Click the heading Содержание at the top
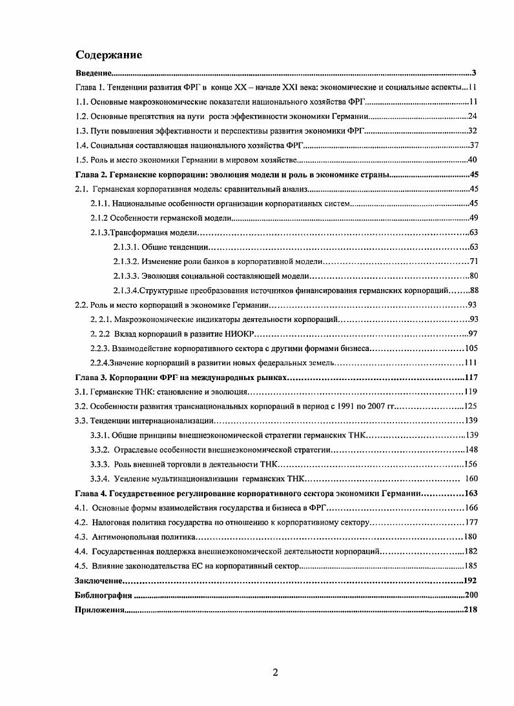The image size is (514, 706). [x=109, y=54]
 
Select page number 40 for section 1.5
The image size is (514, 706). [x=472, y=160]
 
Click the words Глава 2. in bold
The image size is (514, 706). [x=91, y=175]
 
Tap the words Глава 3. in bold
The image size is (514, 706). [x=91, y=378]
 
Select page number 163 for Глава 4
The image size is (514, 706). [x=469, y=493]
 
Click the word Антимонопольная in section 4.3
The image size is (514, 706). [x=125, y=537]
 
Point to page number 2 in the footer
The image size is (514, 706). [x=275, y=672]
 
